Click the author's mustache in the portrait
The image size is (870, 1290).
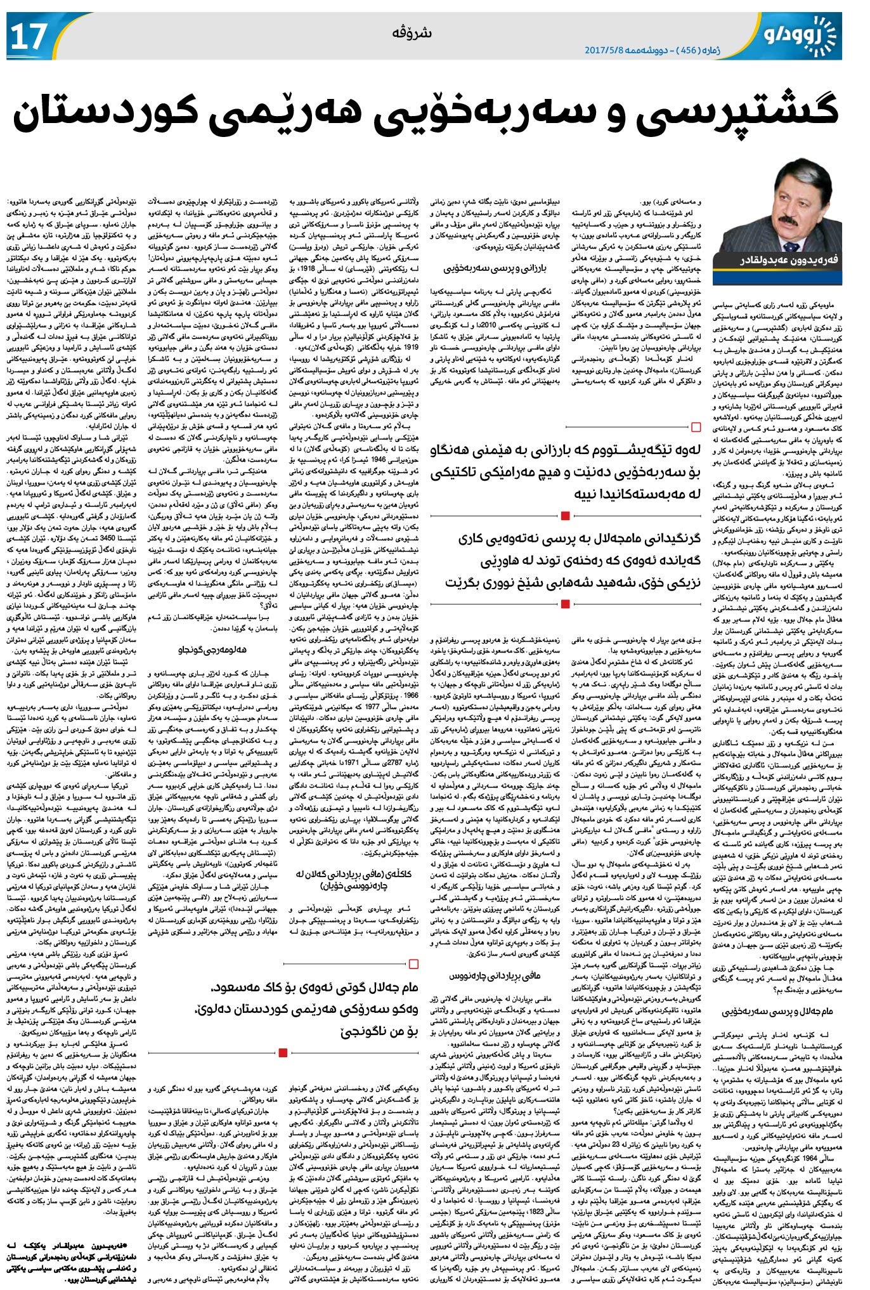[781, 212]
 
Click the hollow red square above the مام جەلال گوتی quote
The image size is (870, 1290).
[414, 964]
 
